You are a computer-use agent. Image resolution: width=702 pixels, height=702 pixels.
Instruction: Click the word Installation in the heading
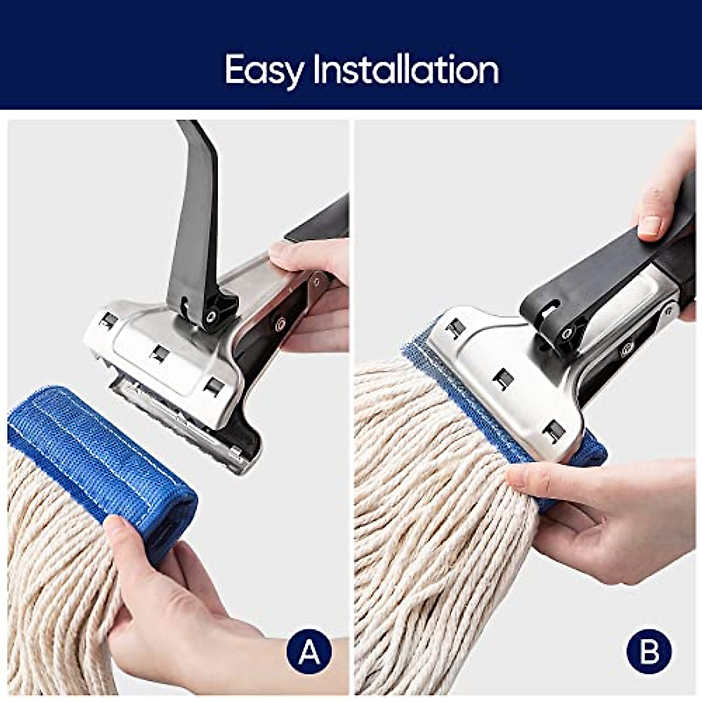(x=406, y=70)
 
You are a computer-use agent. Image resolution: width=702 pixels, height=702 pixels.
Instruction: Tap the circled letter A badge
(x=309, y=651)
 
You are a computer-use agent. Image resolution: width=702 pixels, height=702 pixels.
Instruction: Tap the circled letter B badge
(x=649, y=651)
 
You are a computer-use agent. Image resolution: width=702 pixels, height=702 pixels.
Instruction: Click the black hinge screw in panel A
(x=209, y=316)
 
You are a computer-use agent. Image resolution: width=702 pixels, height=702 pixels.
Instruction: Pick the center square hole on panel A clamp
(x=159, y=353)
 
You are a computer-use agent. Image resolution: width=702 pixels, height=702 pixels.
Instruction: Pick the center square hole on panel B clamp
(x=502, y=380)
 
